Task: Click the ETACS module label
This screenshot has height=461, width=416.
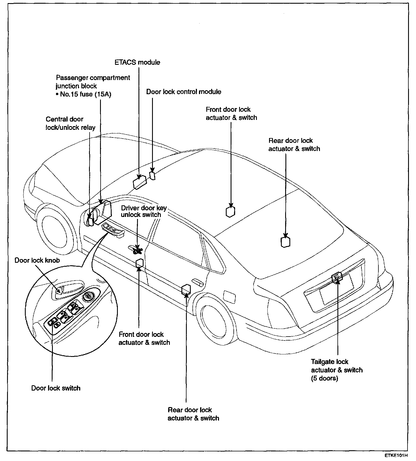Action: click(x=137, y=62)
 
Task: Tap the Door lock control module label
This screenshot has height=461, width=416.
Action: click(x=183, y=92)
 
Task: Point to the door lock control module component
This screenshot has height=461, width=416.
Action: click(x=153, y=175)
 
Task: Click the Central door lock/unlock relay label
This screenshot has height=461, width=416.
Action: click(x=70, y=123)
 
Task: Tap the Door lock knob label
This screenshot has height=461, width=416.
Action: click(x=37, y=260)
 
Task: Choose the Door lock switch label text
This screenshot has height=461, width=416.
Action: click(x=56, y=388)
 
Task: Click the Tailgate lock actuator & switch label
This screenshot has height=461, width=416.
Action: click(x=337, y=370)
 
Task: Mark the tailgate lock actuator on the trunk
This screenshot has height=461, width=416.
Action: click(x=337, y=277)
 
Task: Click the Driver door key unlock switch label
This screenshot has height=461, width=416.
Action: click(x=144, y=211)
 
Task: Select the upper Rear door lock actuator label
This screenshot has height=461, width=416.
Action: click(x=294, y=145)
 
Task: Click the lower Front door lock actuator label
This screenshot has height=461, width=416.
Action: click(x=144, y=338)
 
